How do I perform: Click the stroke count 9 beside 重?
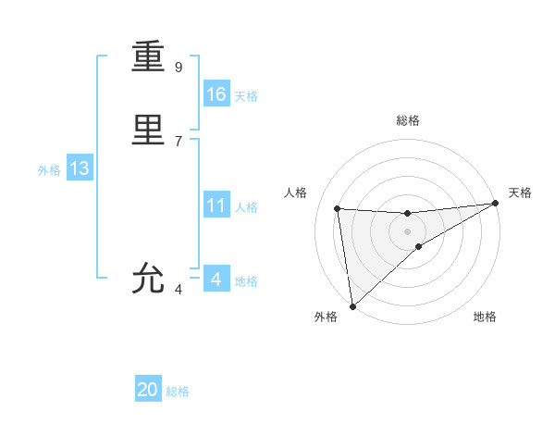[x=179, y=67]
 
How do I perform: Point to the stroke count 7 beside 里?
[x=179, y=141]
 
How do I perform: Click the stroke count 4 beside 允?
[x=179, y=290]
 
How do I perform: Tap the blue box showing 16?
[x=216, y=94]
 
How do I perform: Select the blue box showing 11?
[x=216, y=205]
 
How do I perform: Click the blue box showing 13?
[x=80, y=168]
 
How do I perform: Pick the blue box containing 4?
[x=216, y=280]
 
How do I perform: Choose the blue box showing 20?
[x=148, y=390]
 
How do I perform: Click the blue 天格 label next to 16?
[x=246, y=96]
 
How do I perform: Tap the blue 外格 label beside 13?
[x=49, y=170]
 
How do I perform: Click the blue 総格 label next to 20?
[x=178, y=391]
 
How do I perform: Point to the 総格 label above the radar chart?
[x=407, y=120]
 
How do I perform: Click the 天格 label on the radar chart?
[x=521, y=193]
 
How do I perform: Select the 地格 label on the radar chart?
[x=485, y=317]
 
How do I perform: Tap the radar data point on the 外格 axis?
[x=352, y=306]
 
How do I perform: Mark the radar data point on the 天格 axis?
[x=495, y=204]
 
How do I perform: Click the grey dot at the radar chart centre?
[x=407, y=231]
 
